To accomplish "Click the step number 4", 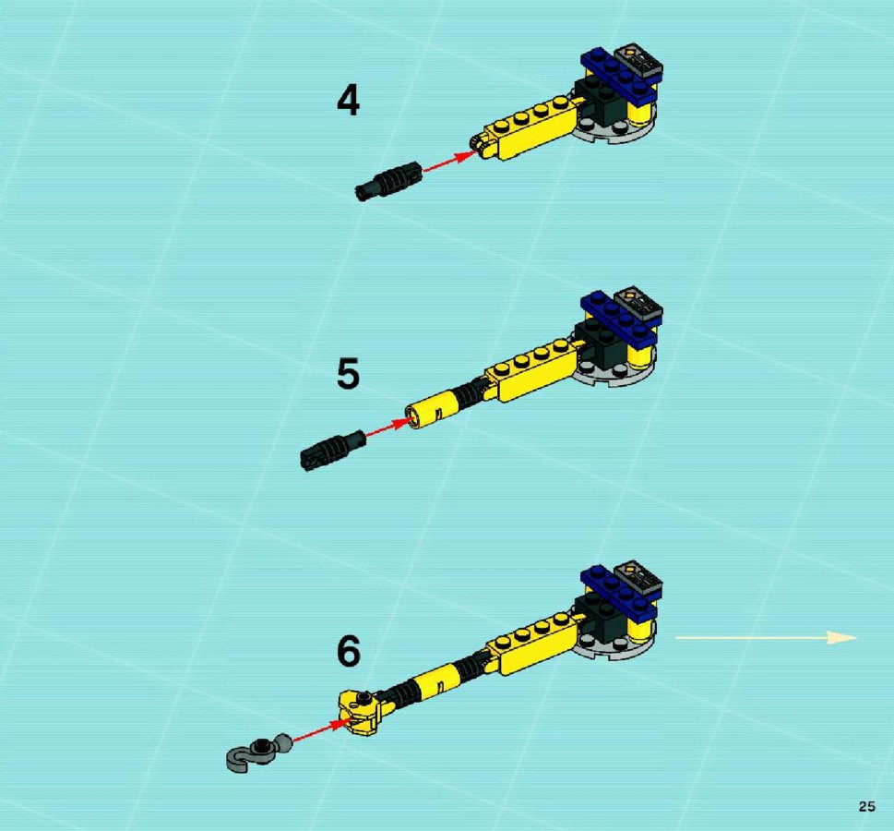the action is [349, 100].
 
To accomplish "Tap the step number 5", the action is [349, 374].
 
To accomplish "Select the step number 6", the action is [349, 651].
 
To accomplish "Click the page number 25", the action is [866, 806].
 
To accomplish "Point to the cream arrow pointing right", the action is [766, 637].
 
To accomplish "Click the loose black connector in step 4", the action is [388, 181].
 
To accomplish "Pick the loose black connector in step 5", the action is [332, 450].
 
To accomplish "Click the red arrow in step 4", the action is [450, 161].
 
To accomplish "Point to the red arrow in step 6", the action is [322, 731].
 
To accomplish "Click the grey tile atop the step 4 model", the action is [638, 59].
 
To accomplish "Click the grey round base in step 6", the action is [614, 644].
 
